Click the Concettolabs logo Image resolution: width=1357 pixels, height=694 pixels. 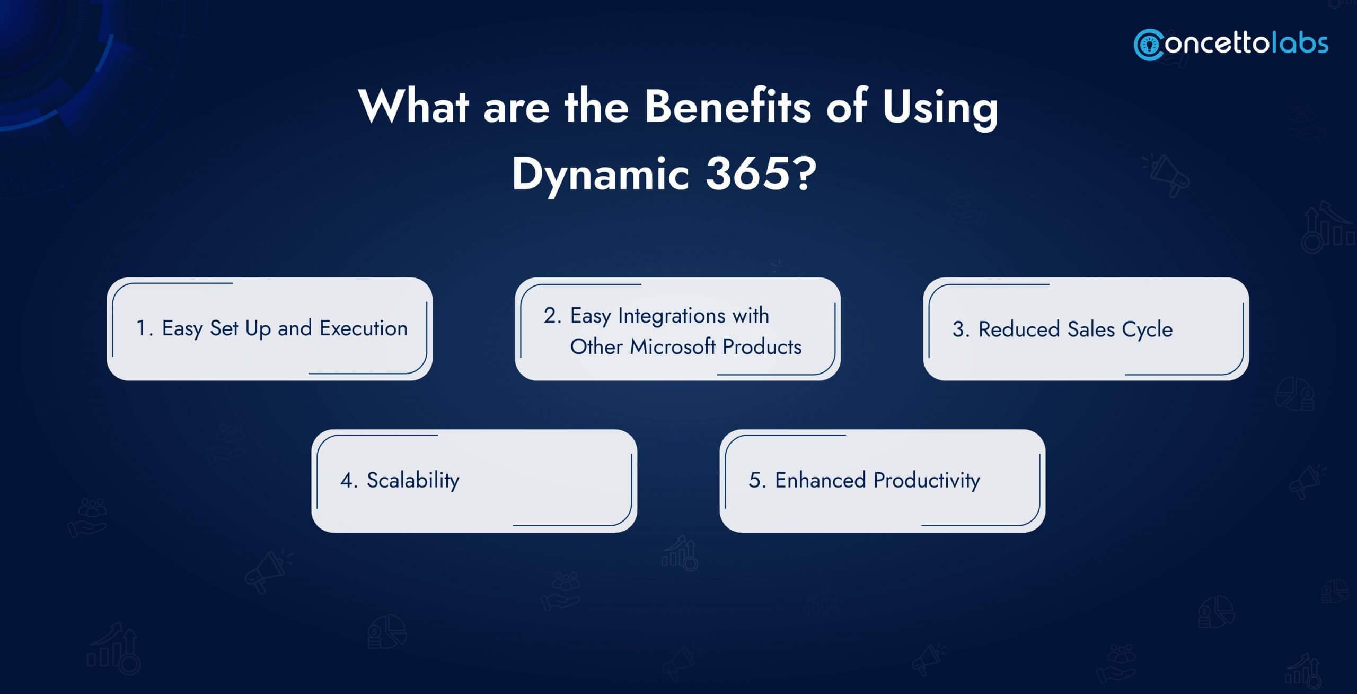point(1231,44)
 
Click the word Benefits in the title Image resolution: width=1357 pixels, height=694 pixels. point(727,107)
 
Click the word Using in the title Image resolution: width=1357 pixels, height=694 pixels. point(939,107)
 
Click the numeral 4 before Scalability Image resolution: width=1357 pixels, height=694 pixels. point(346,480)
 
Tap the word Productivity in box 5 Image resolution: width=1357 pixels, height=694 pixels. point(927,480)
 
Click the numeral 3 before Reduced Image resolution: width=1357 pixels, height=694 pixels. point(958,329)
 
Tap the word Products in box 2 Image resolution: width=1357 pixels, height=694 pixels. point(762,346)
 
